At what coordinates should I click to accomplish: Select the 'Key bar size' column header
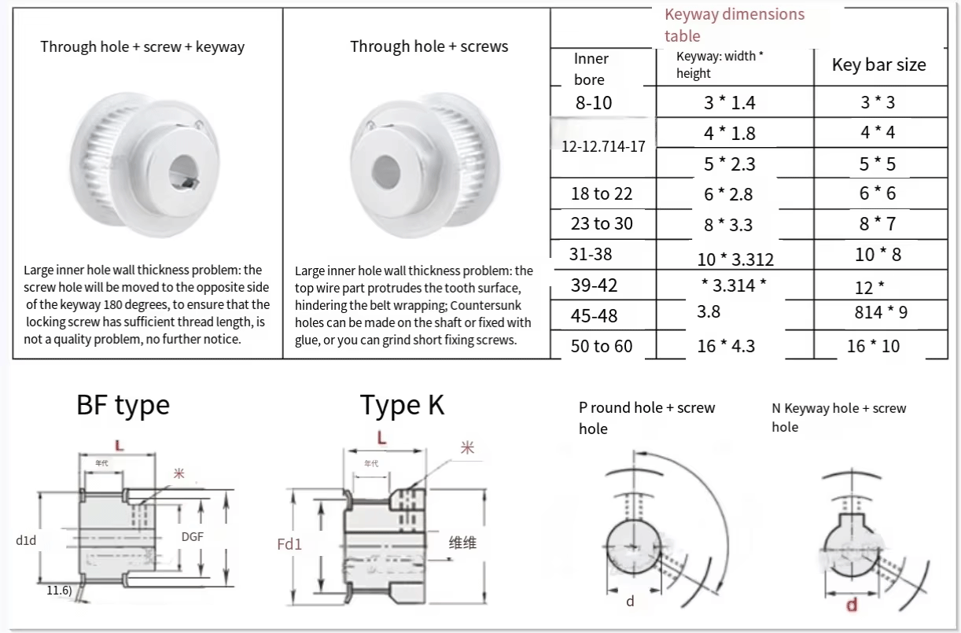[x=878, y=65]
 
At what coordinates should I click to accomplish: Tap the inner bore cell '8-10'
[x=594, y=103]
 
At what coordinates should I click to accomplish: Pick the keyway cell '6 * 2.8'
[x=729, y=194]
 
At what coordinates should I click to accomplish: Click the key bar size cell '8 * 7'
[x=877, y=224]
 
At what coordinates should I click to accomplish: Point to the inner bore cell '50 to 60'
[x=601, y=346]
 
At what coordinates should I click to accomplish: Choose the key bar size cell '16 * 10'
[x=873, y=346]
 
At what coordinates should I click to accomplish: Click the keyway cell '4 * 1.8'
[x=729, y=134]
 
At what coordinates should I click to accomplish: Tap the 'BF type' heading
[x=123, y=405]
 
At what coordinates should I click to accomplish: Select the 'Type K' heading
[x=402, y=405]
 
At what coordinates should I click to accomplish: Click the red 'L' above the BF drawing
[x=120, y=445]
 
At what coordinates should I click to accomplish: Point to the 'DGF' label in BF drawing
[x=193, y=536]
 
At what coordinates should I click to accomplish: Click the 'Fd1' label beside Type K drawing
[x=289, y=543]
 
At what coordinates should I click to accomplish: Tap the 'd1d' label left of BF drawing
[x=26, y=539]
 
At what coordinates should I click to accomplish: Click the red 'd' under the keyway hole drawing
[x=851, y=605]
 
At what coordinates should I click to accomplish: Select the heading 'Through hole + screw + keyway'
[x=142, y=47]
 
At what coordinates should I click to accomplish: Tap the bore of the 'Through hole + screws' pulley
[x=385, y=167]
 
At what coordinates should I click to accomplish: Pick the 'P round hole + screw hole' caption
[x=646, y=418]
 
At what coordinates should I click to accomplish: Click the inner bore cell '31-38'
[x=591, y=254]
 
